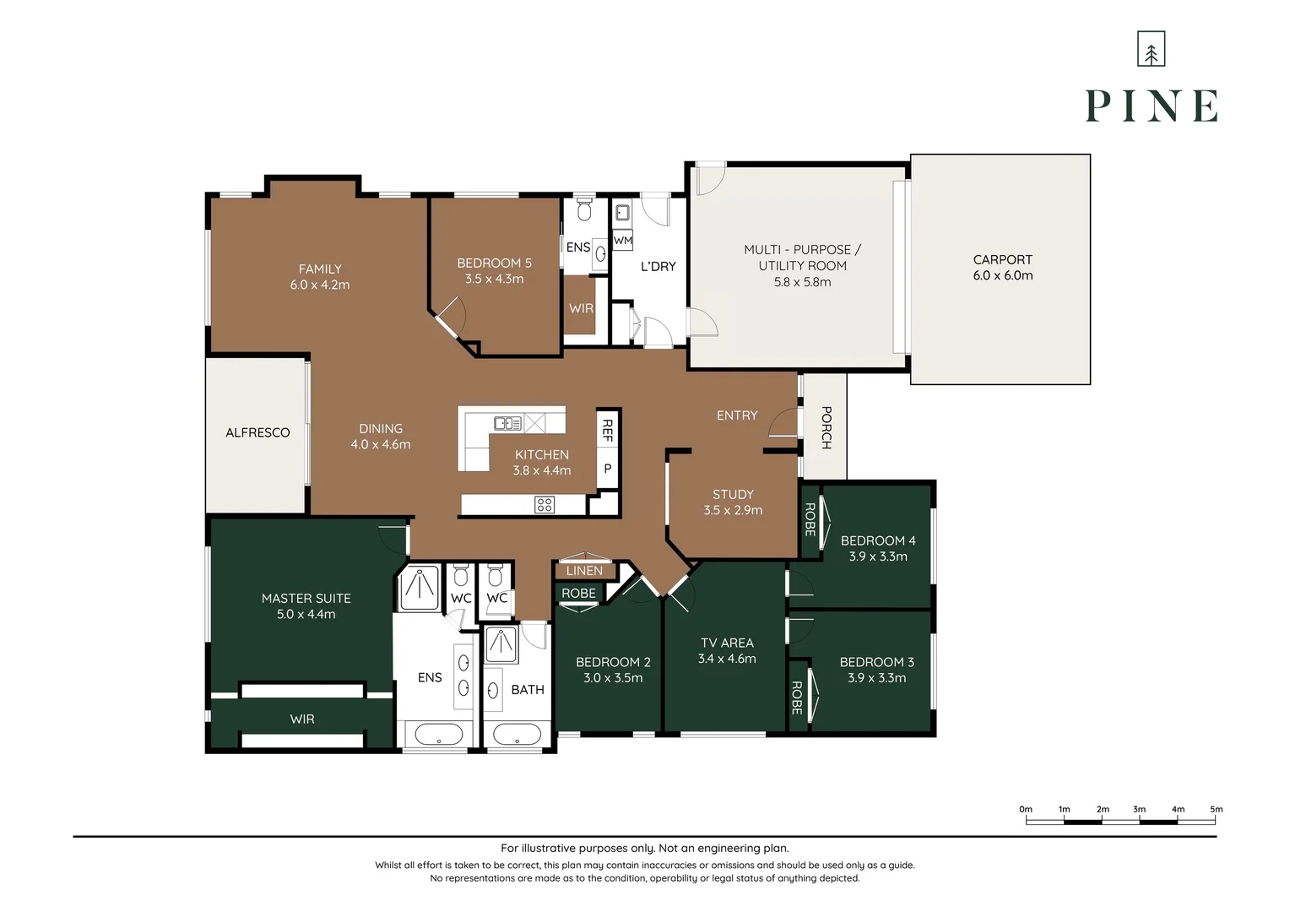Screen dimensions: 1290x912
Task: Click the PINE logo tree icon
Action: coord(1151,49)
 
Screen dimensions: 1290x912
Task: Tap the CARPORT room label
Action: coord(1002,260)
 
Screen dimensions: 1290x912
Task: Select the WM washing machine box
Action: coord(622,240)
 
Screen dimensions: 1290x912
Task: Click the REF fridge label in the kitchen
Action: coord(607,431)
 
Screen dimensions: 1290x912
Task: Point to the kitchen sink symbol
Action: coord(507,423)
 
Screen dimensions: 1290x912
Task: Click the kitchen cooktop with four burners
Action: coord(545,505)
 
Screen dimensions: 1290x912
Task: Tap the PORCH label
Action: coord(826,427)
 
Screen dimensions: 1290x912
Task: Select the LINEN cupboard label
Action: coord(584,570)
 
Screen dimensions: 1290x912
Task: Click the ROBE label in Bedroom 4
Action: coord(810,519)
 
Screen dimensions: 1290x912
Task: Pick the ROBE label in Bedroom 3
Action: coord(797,698)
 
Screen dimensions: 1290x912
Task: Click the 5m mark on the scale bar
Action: coord(1217,809)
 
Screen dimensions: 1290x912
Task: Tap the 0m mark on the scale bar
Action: coord(1026,809)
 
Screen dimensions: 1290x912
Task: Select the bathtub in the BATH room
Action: coord(517,735)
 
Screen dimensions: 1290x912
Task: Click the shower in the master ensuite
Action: coord(420,587)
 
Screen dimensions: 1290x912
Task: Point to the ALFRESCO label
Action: coord(257,432)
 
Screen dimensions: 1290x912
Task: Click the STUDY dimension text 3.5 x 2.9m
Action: coord(733,510)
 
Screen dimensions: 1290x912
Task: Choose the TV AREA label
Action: coord(727,643)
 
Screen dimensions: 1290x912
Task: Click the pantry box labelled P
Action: coord(607,469)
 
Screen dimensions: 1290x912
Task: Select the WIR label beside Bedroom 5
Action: coord(581,308)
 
